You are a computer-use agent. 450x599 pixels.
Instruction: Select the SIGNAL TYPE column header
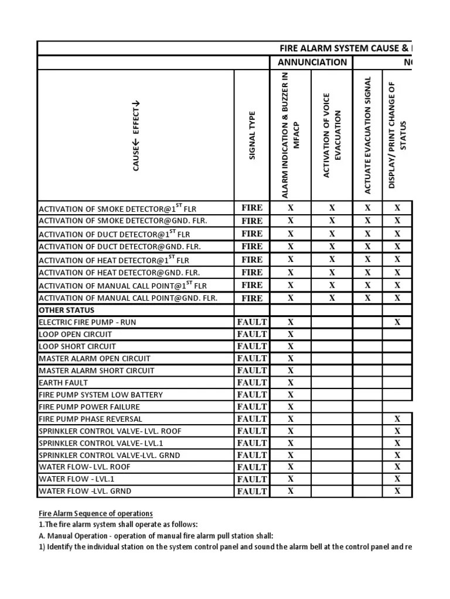(252, 136)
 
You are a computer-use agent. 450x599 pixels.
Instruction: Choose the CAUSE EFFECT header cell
(136, 136)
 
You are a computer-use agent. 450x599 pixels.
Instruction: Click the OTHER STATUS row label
(66, 310)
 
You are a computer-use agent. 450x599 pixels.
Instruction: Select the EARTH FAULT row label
(63, 383)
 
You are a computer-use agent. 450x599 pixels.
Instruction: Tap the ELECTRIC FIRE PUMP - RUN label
(87, 322)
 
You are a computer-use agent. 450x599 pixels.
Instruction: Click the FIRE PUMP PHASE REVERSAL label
(90, 419)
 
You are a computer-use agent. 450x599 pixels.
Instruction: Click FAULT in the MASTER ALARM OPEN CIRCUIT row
(252, 359)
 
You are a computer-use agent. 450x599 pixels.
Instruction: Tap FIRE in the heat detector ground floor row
(252, 273)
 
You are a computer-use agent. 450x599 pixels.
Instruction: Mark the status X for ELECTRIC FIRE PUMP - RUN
(397, 322)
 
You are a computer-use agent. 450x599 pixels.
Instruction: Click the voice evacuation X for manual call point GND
(332, 298)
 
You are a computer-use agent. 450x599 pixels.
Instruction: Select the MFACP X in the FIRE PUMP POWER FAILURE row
(291, 407)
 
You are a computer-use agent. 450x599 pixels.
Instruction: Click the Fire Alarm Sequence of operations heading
(96, 513)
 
